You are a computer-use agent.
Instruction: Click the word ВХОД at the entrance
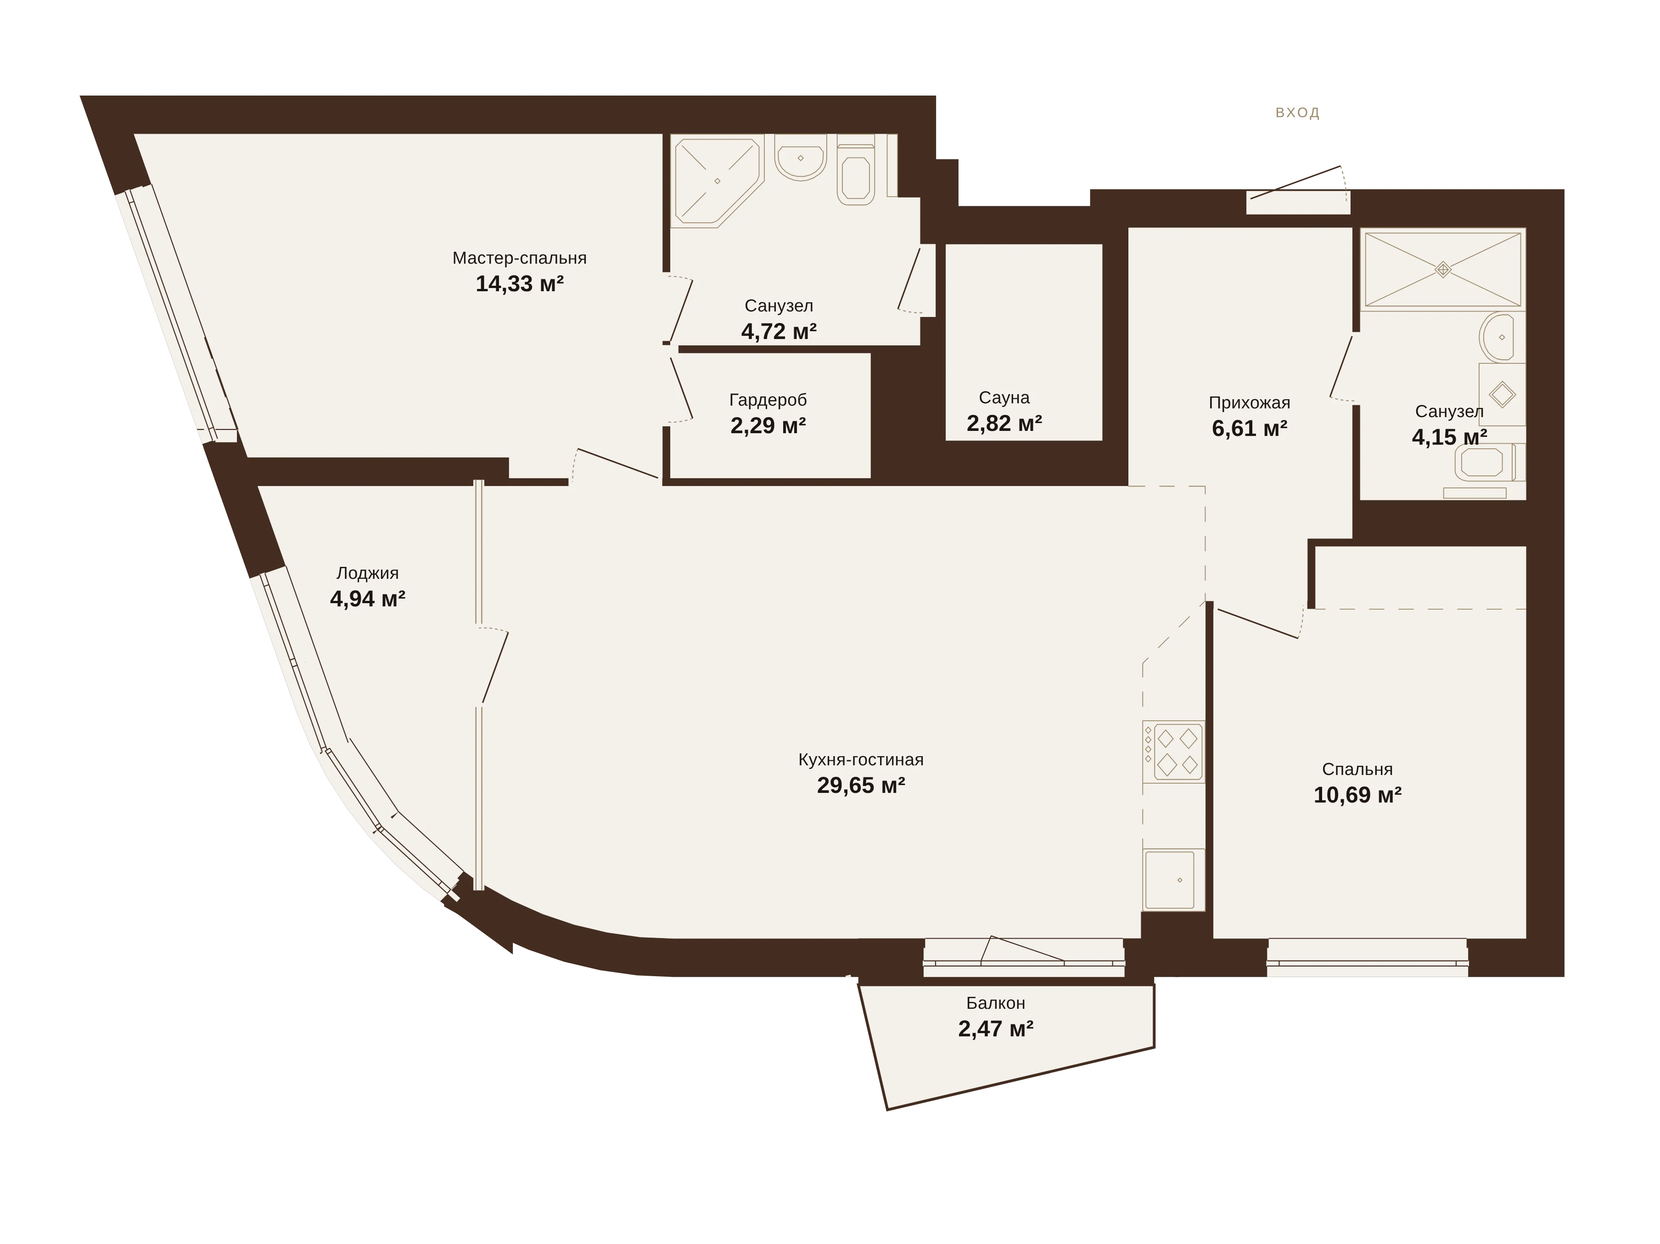point(1297,113)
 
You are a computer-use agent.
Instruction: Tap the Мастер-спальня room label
point(519,258)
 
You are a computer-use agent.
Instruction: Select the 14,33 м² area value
point(519,284)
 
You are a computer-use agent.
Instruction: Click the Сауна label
point(1004,397)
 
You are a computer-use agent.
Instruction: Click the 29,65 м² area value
point(861,785)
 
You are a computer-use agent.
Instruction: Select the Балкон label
point(995,1003)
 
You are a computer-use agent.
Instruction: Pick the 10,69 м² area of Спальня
point(1357,795)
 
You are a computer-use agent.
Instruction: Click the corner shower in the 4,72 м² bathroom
point(718,181)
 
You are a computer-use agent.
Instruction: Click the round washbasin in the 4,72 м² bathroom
point(801,158)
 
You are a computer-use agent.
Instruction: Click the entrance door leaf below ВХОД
point(1295,182)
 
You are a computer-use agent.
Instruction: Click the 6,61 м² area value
point(1250,429)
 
